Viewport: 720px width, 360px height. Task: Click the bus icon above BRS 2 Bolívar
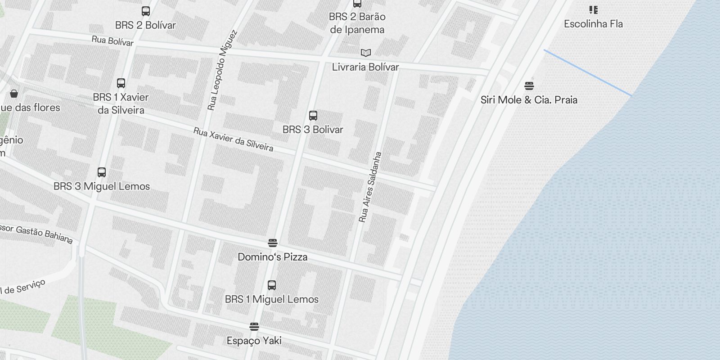pos(146,11)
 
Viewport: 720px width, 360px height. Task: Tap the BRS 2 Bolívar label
pos(145,25)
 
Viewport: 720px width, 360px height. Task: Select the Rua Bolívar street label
pos(112,41)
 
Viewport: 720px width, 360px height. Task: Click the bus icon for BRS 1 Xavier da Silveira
pos(121,83)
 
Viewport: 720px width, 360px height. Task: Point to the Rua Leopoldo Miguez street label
pos(222,70)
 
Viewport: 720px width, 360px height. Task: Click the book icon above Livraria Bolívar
pos(366,53)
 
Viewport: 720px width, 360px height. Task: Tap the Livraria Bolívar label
pos(365,67)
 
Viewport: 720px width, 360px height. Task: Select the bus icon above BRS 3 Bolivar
pos(313,116)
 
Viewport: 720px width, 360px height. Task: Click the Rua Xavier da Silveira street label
pos(233,139)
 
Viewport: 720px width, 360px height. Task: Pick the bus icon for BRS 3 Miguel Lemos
pos(102,172)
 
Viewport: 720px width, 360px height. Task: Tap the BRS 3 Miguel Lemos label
pos(102,186)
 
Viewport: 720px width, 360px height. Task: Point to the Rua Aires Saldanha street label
pos(370,187)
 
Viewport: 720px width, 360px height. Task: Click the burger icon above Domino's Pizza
pos(272,243)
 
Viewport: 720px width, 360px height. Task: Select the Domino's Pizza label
pos(273,257)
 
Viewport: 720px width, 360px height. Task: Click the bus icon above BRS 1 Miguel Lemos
pos(272,285)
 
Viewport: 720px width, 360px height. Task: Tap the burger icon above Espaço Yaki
pos(254,327)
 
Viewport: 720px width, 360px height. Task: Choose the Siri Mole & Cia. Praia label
pos(529,100)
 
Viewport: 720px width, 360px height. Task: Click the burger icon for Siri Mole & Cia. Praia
pos(529,85)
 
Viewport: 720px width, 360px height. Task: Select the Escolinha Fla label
pos(593,24)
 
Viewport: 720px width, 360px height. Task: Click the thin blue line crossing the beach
pos(588,72)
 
